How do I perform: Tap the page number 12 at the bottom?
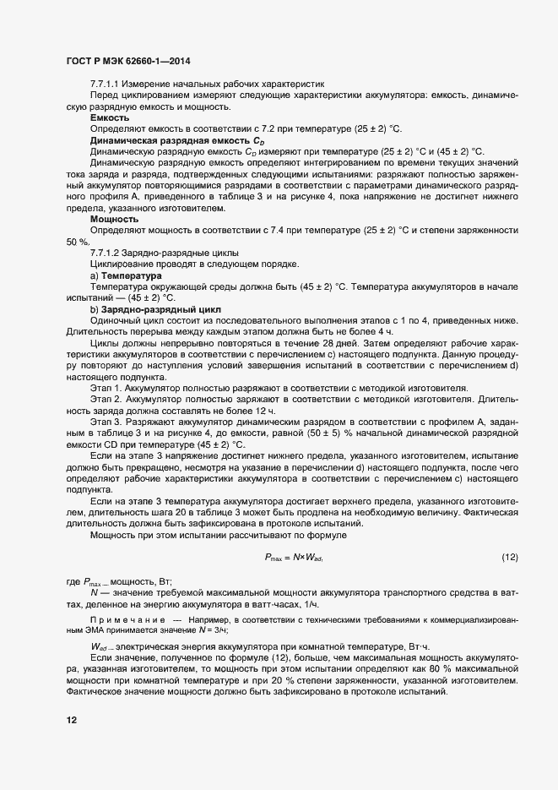[71, 721]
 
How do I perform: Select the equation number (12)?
[509, 557]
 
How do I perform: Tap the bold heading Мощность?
[115, 219]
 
